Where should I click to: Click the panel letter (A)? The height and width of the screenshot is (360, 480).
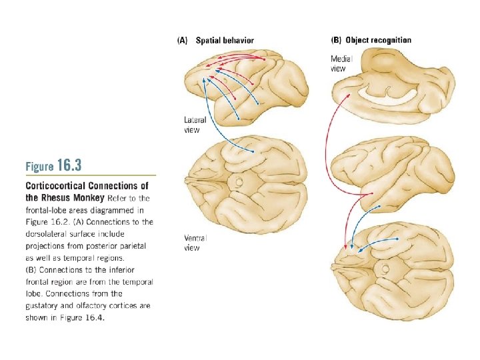pos(181,41)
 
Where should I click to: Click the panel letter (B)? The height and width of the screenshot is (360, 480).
pos(336,40)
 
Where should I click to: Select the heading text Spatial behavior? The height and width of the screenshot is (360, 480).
pos(224,41)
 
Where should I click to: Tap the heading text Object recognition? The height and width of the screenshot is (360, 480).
pos(378,40)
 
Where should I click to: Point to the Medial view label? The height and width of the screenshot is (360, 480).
pos(341,63)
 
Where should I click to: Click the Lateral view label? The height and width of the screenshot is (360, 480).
pos(195,125)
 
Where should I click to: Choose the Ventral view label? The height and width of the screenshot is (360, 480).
pos(195,243)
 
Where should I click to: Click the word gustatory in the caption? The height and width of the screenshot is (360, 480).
pos(45,305)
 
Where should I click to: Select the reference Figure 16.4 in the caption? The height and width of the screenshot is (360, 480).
pos(84,317)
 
